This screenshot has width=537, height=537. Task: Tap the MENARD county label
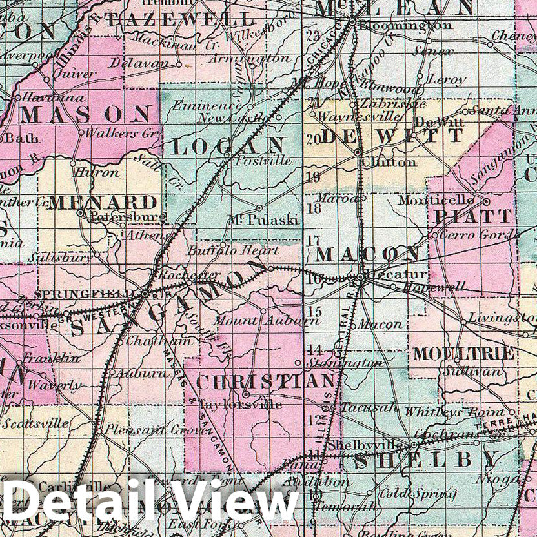(x=103, y=201)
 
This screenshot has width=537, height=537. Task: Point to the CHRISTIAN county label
(x=265, y=382)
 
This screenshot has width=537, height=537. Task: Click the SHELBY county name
(x=426, y=460)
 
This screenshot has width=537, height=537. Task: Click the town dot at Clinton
(x=357, y=152)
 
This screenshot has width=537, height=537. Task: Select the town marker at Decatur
(x=361, y=278)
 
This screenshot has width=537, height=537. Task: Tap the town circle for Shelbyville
(x=413, y=445)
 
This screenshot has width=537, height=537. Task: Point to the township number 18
(x=314, y=208)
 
